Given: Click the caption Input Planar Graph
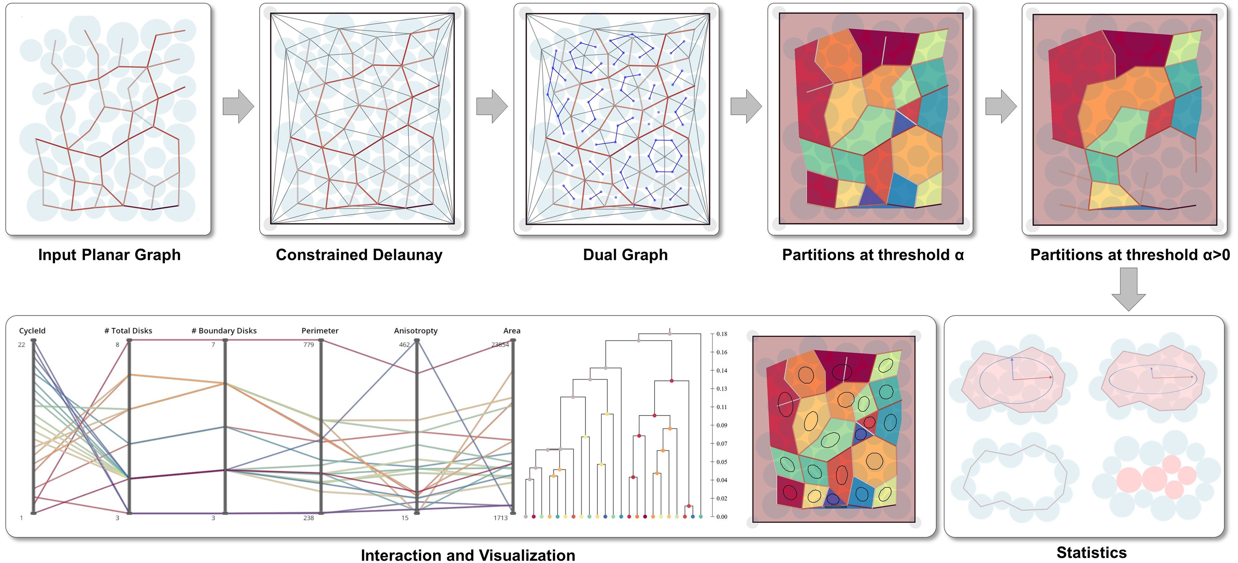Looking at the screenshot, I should pyautogui.click(x=109, y=255).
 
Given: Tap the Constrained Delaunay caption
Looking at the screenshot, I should pyautogui.click(x=359, y=255).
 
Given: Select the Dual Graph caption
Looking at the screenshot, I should pyautogui.click(x=625, y=255).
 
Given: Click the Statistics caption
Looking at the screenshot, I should pyautogui.click(x=1091, y=552).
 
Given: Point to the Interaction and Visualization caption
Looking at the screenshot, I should pyautogui.click(x=468, y=555).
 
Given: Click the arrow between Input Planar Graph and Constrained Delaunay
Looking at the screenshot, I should pyautogui.click(x=238, y=106).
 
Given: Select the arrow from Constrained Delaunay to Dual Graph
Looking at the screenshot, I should pyautogui.click(x=492, y=106).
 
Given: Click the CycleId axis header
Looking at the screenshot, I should pyautogui.click(x=32, y=331).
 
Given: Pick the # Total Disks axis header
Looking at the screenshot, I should pyautogui.click(x=128, y=331).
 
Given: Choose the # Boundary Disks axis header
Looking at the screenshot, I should pyautogui.click(x=224, y=331).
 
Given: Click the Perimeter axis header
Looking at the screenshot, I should pyautogui.click(x=320, y=331).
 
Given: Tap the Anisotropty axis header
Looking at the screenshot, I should pyautogui.click(x=416, y=331).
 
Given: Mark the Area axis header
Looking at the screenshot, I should pyautogui.click(x=511, y=331).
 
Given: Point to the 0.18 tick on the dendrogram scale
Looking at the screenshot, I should pyautogui.click(x=721, y=334).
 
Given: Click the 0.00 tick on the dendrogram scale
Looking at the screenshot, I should pyautogui.click(x=721, y=517).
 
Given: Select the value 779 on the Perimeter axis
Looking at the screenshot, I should pyautogui.click(x=308, y=345).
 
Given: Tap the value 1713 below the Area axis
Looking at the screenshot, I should pyautogui.click(x=500, y=518).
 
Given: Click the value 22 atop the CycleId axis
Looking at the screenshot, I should pyautogui.click(x=21, y=345).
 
